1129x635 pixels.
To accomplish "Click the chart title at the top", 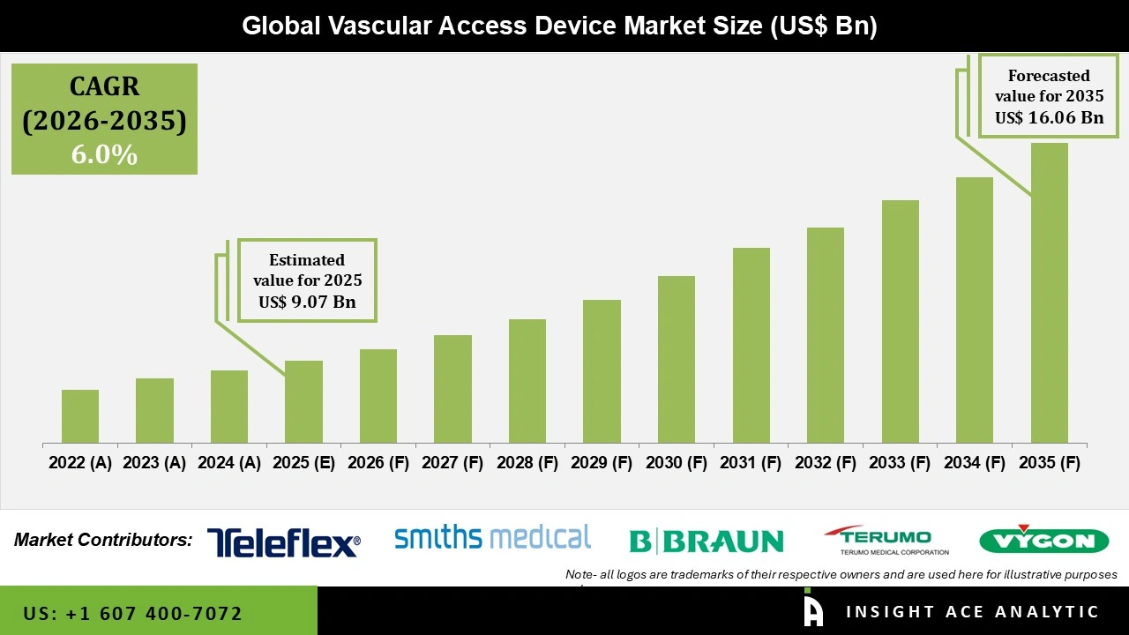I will [x=559, y=26].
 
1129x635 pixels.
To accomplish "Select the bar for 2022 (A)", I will [x=80, y=416].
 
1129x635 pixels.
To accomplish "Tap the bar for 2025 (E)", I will [x=303, y=401].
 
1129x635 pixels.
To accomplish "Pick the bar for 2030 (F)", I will [x=677, y=359].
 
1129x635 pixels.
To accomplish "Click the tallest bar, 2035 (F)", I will [x=1049, y=293].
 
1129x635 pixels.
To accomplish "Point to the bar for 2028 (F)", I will [x=527, y=381].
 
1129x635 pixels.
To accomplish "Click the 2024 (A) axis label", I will [x=229, y=463].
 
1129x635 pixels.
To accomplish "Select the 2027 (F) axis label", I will [x=452, y=463].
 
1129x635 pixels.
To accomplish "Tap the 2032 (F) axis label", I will [x=826, y=463].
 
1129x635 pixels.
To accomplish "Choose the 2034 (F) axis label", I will [x=975, y=463].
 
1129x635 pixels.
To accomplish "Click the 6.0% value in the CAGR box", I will [x=104, y=155].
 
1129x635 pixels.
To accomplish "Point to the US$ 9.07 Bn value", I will [x=307, y=302].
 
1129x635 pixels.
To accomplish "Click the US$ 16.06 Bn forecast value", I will [x=1049, y=117].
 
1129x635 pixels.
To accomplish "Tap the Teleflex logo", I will [x=283, y=542].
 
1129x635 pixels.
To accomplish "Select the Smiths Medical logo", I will [x=492, y=537].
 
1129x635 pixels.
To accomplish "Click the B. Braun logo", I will [x=706, y=541].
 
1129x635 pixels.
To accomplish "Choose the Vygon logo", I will [x=1043, y=540].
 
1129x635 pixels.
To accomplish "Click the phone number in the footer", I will [x=132, y=613].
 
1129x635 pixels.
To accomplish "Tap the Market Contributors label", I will [x=103, y=540].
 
